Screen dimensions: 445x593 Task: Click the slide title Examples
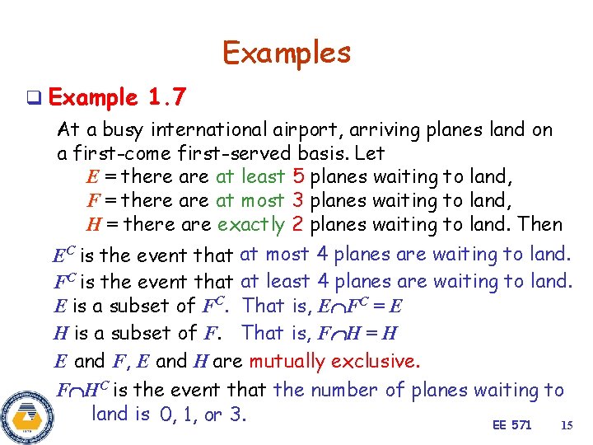(286, 54)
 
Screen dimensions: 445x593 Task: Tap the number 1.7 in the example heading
(167, 99)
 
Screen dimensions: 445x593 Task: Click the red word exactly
(250, 224)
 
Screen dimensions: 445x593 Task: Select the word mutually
(289, 361)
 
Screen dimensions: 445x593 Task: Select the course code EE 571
(511, 425)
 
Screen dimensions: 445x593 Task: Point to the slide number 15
(566, 425)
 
